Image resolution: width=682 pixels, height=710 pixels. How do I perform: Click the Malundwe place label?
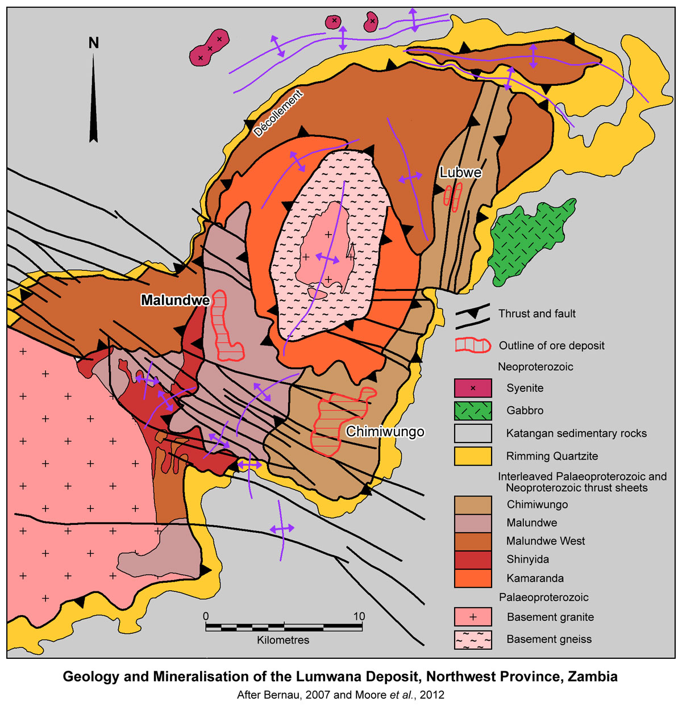(x=176, y=300)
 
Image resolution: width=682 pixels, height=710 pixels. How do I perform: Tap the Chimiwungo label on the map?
(x=385, y=432)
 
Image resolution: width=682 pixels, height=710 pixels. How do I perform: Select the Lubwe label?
(x=460, y=173)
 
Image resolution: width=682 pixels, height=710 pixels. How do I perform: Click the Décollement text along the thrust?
(x=278, y=114)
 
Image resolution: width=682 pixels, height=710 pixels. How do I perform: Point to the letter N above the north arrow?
(x=94, y=43)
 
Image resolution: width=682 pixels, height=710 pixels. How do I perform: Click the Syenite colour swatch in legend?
(x=473, y=388)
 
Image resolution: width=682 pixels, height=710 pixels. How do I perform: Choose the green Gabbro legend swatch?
(x=473, y=411)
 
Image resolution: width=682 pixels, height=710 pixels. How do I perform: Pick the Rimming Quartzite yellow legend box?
(x=473, y=456)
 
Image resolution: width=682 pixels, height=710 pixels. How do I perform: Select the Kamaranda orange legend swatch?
(x=473, y=578)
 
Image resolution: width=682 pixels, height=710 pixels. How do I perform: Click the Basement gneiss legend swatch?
(x=473, y=640)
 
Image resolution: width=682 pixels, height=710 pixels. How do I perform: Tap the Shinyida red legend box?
(x=473, y=559)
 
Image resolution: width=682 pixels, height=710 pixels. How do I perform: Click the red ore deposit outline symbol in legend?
(x=473, y=345)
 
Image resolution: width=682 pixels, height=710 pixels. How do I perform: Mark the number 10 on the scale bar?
(x=359, y=616)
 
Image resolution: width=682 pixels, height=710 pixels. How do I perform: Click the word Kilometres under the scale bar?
(x=283, y=640)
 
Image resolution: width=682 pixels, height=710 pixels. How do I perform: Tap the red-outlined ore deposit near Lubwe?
(x=452, y=197)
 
